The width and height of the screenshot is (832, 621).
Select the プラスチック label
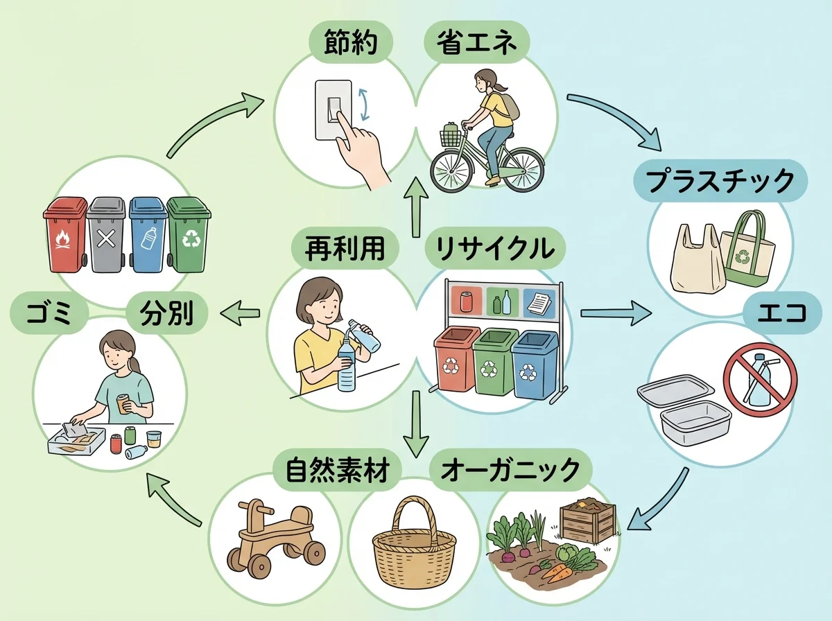point(719,182)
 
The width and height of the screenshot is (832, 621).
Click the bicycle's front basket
point(451,136)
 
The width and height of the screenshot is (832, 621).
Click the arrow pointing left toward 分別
point(239,315)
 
